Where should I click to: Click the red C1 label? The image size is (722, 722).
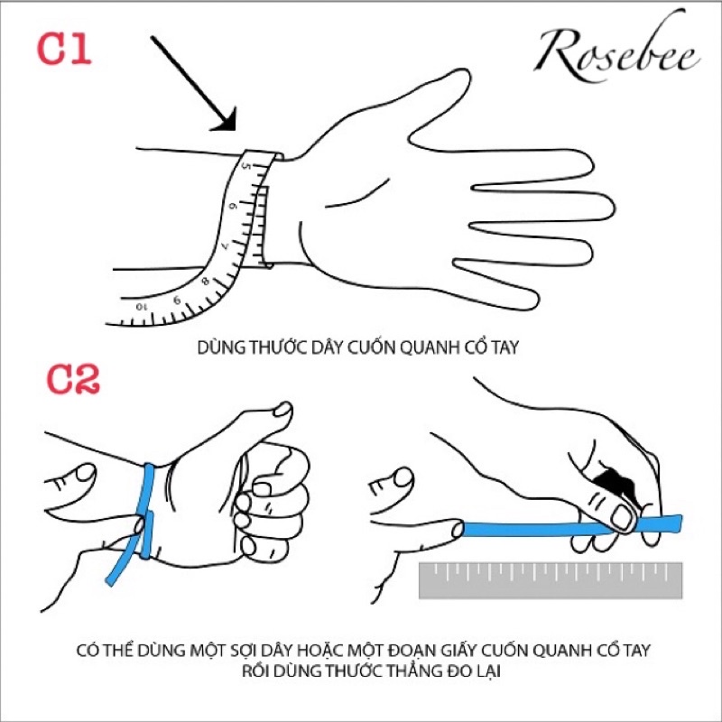pos(64,49)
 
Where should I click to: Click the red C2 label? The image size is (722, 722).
pos(73,379)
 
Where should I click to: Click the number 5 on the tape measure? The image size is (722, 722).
pos(246,166)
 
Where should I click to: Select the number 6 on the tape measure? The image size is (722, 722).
pos(234,206)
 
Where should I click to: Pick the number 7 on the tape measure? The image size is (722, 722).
pos(225,245)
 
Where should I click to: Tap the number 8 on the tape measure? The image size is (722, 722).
pos(206,281)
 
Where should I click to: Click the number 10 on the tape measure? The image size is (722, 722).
pos(142,306)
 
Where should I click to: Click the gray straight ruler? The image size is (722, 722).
pos(551,580)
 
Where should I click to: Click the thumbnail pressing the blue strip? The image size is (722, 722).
pos(622,518)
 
